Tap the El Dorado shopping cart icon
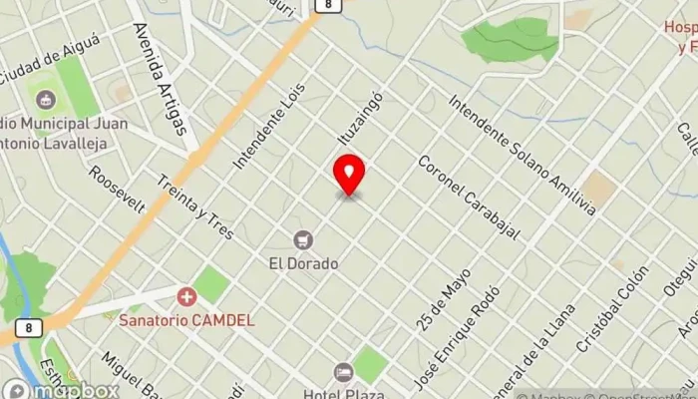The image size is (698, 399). click(303, 239)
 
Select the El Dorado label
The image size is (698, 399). click(303, 264)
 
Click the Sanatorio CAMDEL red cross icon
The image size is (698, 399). click(185, 297)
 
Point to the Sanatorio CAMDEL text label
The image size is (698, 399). click(186, 321)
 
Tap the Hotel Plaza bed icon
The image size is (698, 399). click(344, 372)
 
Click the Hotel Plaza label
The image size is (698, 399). click(345, 392)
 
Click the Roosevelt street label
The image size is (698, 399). click(117, 189)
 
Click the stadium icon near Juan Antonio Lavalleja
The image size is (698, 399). click(45, 101)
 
